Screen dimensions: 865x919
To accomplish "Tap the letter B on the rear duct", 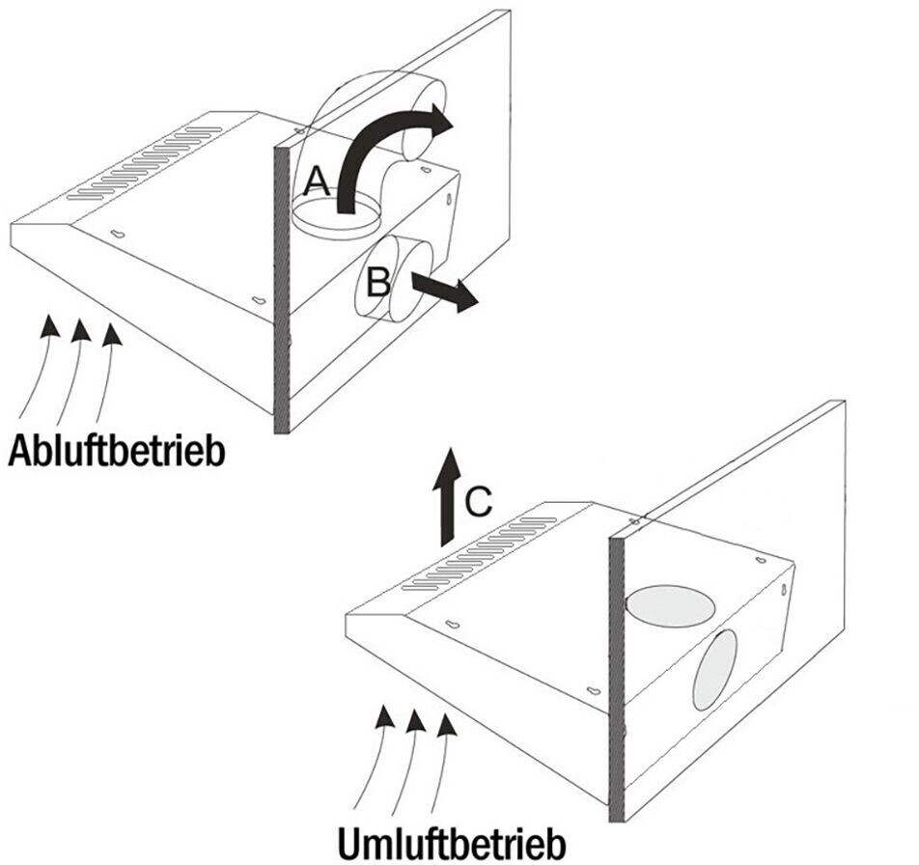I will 378,282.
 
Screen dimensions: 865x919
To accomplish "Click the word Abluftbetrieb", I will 117,451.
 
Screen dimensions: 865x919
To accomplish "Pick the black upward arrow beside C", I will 446,496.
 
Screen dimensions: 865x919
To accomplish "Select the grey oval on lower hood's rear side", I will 714,670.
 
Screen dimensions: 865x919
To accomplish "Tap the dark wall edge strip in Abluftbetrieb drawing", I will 282,290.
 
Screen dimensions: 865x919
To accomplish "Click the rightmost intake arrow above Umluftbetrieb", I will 439,763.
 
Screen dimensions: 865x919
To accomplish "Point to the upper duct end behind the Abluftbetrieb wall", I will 425,121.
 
